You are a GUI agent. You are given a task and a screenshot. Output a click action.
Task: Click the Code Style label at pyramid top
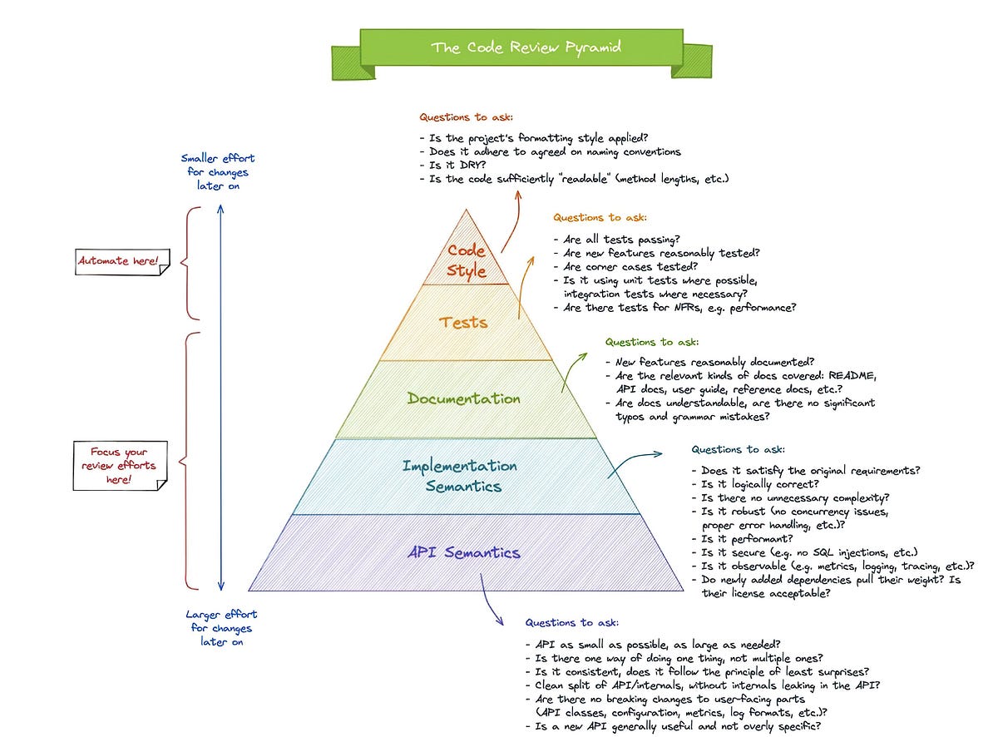pos(467,260)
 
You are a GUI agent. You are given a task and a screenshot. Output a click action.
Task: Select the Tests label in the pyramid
pos(464,322)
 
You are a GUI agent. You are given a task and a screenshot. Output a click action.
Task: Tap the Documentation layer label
pos(464,398)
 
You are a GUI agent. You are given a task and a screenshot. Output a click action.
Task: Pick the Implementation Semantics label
pos(460,476)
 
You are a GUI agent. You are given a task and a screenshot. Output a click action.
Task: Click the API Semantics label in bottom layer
pos(464,552)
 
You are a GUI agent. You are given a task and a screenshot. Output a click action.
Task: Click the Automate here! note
pos(120,261)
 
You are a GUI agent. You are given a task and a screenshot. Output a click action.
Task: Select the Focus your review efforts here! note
pos(120,467)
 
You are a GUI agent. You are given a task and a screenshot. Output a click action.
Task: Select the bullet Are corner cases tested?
pos(625,267)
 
